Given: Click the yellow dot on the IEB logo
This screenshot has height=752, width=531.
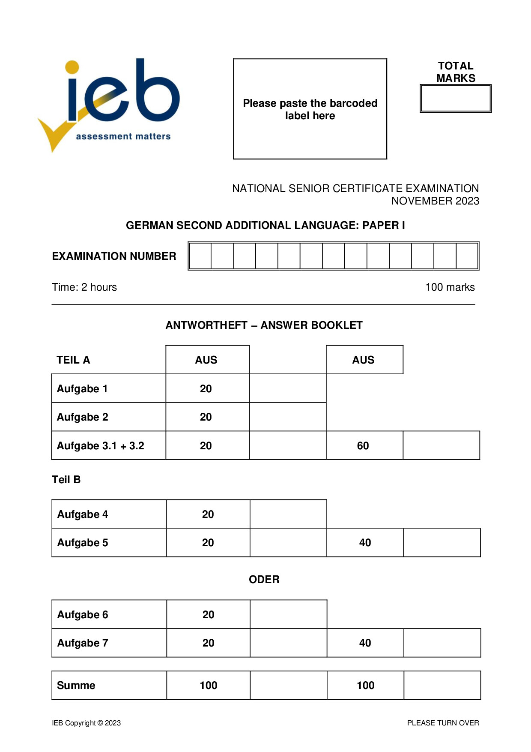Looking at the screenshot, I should click(x=72, y=67).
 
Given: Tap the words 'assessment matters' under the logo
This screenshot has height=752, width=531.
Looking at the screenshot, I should click(x=123, y=136).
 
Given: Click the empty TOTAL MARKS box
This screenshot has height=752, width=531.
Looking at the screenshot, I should click(x=456, y=99).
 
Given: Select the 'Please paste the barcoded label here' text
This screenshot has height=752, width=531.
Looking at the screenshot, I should click(x=310, y=109).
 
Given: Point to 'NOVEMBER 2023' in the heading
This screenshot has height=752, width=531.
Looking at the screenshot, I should click(x=435, y=201).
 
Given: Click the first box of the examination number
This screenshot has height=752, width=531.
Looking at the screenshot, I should click(x=200, y=256).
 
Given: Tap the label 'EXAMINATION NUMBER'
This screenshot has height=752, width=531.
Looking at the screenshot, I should click(x=114, y=256).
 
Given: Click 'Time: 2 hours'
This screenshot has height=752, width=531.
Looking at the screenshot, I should click(x=84, y=287).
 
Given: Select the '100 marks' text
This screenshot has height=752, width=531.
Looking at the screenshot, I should click(x=450, y=287).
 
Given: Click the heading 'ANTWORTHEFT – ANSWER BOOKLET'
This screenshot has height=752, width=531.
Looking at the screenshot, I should click(x=264, y=325).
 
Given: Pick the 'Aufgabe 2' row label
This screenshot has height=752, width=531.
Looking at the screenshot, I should click(x=82, y=417).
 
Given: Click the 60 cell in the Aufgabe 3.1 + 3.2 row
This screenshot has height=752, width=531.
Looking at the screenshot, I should click(x=363, y=446).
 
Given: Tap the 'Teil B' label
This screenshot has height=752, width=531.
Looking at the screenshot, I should click(x=66, y=480).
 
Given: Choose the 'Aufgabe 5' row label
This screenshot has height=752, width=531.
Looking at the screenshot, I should click(x=82, y=543).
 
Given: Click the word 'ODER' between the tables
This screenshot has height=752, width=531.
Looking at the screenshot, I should click(x=264, y=580).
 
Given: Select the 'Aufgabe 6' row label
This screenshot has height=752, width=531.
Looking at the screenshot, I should click(x=82, y=615).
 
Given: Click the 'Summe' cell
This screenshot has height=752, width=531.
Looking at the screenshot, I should click(x=76, y=686).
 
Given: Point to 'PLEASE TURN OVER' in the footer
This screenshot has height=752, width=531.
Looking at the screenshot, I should click(x=443, y=723).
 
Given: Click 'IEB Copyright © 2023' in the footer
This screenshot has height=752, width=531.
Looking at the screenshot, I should click(x=86, y=723).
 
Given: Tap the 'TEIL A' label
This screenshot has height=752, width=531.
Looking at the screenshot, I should click(x=73, y=360).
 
